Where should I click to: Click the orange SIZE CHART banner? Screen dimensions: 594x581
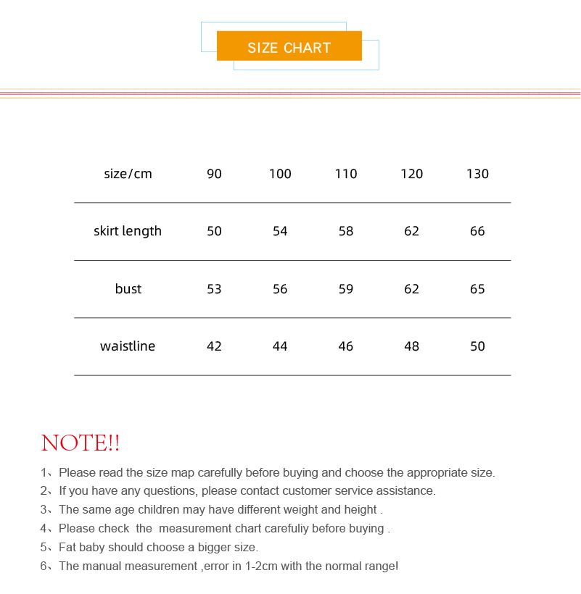click(x=289, y=47)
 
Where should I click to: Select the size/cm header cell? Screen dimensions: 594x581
click(x=128, y=174)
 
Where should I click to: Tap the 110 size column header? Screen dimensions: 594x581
click(x=346, y=174)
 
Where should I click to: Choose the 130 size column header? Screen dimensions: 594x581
click(x=477, y=174)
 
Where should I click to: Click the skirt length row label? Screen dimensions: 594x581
click(x=128, y=231)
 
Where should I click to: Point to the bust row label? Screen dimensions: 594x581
click(x=128, y=289)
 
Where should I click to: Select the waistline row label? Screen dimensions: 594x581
click(x=128, y=346)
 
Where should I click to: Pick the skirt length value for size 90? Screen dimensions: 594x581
click(x=214, y=231)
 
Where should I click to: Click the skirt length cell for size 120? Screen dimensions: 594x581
click(x=411, y=231)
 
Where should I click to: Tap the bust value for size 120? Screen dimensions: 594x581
click(x=411, y=289)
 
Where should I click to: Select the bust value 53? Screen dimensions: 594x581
click(x=214, y=289)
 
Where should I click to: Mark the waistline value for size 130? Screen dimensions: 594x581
click(x=477, y=346)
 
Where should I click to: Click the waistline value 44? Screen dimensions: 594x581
click(x=280, y=346)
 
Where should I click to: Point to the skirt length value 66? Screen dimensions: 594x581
click(x=477, y=231)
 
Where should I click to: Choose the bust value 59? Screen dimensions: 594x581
click(x=346, y=289)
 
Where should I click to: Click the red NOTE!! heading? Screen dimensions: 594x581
click(x=81, y=443)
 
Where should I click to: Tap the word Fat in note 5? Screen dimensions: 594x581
click(x=67, y=548)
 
